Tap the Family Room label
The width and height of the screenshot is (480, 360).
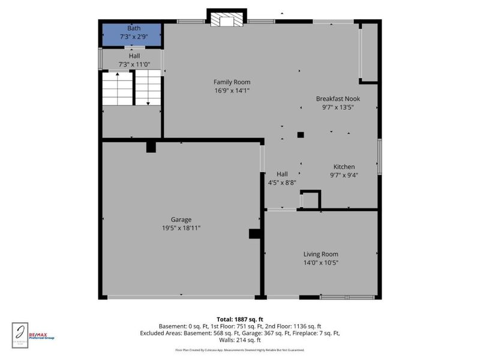(x=232, y=82)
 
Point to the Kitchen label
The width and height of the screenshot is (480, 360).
(x=344, y=167)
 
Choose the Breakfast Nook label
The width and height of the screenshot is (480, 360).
(x=338, y=98)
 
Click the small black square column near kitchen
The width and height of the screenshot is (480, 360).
(x=301, y=135)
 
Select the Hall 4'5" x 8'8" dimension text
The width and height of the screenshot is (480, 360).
(x=281, y=182)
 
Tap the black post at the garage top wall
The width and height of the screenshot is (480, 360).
(x=151, y=146)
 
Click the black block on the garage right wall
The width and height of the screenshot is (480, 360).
(x=254, y=234)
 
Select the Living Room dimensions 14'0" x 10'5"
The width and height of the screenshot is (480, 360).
(x=320, y=262)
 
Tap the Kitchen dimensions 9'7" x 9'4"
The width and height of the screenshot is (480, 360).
(x=344, y=175)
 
